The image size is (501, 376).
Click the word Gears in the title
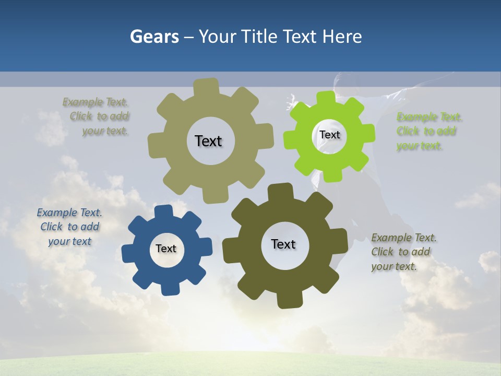(154, 37)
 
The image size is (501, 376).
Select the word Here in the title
(342, 37)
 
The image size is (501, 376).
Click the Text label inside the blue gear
(166, 249)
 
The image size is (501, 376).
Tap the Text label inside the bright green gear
(330, 135)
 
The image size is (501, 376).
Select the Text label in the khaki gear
(208, 141)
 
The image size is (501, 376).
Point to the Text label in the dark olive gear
(283, 244)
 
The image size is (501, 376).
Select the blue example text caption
(69, 227)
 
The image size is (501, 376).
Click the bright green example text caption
(429, 132)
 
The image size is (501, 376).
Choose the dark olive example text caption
(403, 252)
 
